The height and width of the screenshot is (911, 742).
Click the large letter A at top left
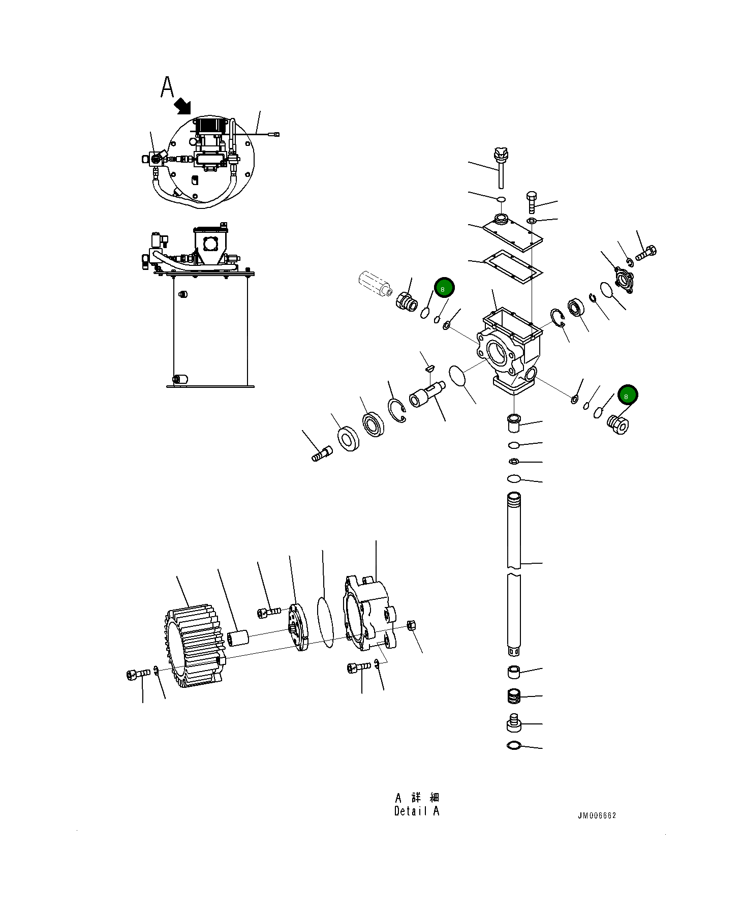tap(167, 87)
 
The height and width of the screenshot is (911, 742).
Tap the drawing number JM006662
tap(597, 815)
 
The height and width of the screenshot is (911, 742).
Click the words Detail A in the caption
tap(416, 811)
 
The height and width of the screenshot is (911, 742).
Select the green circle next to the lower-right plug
tap(628, 395)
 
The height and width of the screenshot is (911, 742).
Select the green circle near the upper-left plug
tap(444, 288)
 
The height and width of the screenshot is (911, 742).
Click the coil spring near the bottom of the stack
tap(515, 696)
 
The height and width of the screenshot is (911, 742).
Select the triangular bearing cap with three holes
tap(622, 279)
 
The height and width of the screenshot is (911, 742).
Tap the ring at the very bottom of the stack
tap(514, 746)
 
